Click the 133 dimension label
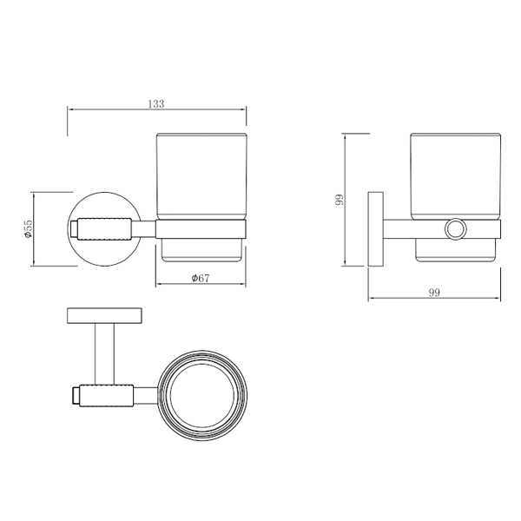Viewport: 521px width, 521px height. pyautogui.click(x=156, y=104)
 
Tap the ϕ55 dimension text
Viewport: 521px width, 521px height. pyautogui.click(x=28, y=228)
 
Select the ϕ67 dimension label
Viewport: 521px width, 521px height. pyautogui.click(x=201, y=278)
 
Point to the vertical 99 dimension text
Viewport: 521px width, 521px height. pyautogui.click(x=340, y=200)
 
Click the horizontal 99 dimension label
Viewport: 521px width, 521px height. pyautogui.click(x=434, y=293)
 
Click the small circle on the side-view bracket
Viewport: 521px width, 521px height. pyautogui.click(x=456, y=229)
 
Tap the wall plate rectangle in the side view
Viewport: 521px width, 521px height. pyautogui.click(x=375, y=229)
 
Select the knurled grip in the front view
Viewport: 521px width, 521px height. pyautogui.click(x=105, y=228)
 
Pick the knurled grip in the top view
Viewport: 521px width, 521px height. pyautogui.click(x=106, y=395)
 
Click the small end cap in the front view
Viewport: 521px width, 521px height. pyautogui.click(x=74, y=228)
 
